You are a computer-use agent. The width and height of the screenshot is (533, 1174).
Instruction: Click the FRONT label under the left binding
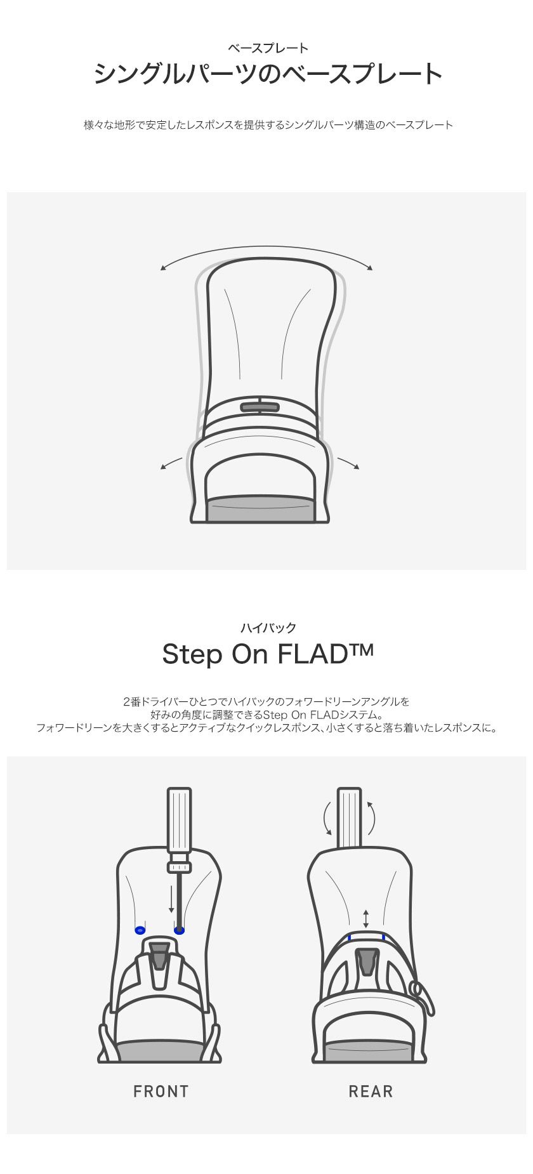tap(161, 1092)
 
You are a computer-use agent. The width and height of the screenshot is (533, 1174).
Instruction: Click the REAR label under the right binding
tap(371, 1092)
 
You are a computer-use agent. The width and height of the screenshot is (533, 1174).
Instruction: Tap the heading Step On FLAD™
tap(268, 654)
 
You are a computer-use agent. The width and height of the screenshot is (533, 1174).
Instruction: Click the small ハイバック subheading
tap(268, 628)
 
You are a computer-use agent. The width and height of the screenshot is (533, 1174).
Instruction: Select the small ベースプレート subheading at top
tap(268, 48)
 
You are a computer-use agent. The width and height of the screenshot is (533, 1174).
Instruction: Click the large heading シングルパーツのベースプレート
tap(268, 74)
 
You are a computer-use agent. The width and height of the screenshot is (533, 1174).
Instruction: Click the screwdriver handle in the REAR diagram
tap(350, 817)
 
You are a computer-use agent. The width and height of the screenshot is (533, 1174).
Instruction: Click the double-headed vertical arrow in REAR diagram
tap(366, 918)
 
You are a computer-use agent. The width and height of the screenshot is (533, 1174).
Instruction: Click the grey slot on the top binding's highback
tap(260, 407)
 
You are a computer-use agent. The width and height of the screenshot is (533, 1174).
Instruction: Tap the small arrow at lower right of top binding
tap(348, 463)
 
